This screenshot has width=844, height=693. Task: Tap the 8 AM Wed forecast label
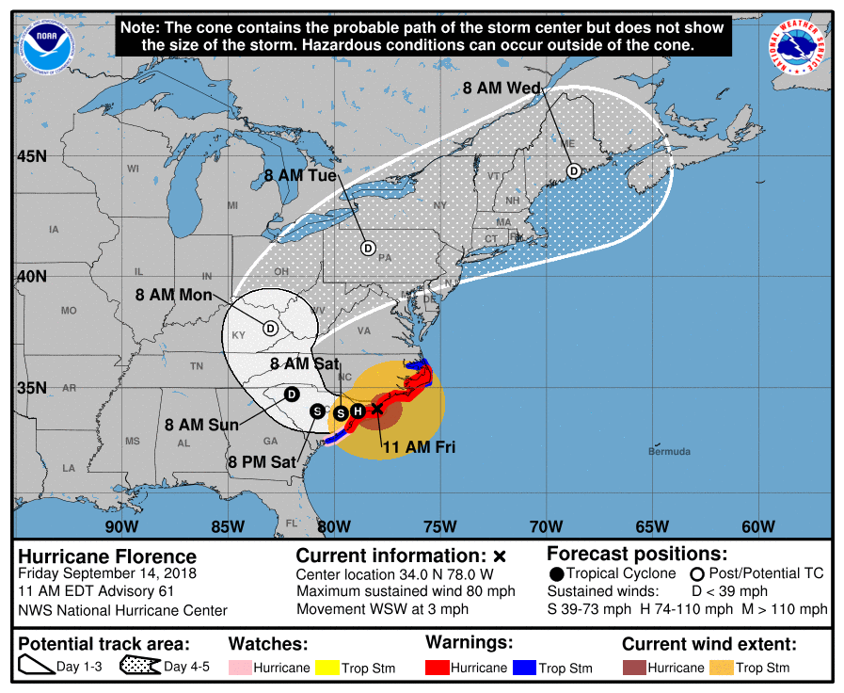pyautogui.click(x=502, y=89)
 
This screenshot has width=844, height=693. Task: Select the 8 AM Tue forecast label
pyautogui.click(x=300, y=175)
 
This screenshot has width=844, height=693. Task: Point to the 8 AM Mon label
pyautogui.click(x=174, y=295)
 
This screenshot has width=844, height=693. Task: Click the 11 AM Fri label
pyautogui.click(x=418, y=447)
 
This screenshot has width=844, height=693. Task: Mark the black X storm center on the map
pyautogui.click(x=376, y=409)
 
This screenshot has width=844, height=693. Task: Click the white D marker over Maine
pyautogui.click(x=574, y=170)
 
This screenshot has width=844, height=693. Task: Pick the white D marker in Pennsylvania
pyautogui.click(x=368, y=248)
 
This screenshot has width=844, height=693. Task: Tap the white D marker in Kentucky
pyautogui.click(x=270, y=329)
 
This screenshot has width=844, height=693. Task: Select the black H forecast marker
pyautogui.click(x=358, y=411)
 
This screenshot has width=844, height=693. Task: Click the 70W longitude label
pyautogui.click(x=546, y=525)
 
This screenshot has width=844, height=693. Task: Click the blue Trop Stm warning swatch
pyautogui.click(x=523, y=668)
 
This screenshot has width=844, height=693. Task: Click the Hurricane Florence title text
pyautogui.click(x=107, y=556)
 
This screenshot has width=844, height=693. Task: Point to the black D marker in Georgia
pyautogui.click(x=292, y=393)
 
